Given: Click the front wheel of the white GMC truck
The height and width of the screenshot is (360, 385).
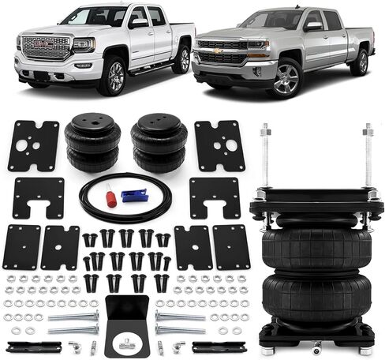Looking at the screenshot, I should tap(113, 77).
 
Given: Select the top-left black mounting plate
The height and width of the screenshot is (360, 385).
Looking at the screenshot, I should tap(33, 146).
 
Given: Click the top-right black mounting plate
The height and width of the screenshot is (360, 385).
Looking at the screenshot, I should tap(219, 146).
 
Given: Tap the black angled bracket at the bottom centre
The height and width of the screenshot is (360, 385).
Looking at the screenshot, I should tap(126, 324).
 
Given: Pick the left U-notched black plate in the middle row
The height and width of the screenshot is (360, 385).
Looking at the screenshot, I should tap(38, 197).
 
